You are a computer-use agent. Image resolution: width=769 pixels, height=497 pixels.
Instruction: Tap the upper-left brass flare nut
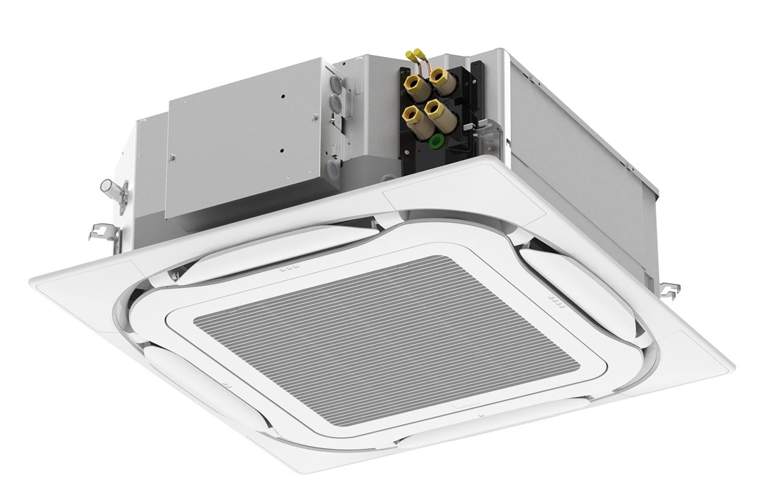click(x=417, y=88)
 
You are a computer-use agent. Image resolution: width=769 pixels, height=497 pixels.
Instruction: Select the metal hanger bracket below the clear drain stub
click(x=103, y=231)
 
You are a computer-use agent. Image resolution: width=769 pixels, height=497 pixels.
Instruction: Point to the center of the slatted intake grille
click(x=384, y=339)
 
